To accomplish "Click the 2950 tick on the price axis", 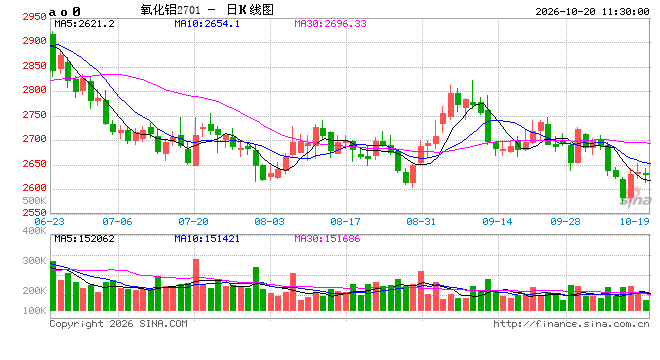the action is pos(34,17).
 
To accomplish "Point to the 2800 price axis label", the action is pos(34,90).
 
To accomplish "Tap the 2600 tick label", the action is pos(34,188).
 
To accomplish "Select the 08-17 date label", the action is pos(345,221).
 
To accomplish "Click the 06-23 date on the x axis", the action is pos(49,221).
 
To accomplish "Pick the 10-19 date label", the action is pos(634,221).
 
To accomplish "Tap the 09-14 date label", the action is pos(497,221).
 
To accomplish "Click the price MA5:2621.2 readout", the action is pos(84,24).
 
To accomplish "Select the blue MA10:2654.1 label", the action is pos(207,24).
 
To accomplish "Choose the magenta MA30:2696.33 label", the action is pos(330,24).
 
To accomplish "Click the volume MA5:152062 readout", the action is pos(84,239).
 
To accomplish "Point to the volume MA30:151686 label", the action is pos(327,239).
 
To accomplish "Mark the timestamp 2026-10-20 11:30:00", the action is pos(592,11).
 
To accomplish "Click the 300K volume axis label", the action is pos(35,261).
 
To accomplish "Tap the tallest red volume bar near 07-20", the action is pos(196,285).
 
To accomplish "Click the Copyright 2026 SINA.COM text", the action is pos(118,323).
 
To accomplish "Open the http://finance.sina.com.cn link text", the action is pos(571,323).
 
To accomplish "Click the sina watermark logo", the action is pos(635,198).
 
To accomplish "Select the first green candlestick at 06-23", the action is pos(53,53).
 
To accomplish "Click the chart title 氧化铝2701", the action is pos(170,10).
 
